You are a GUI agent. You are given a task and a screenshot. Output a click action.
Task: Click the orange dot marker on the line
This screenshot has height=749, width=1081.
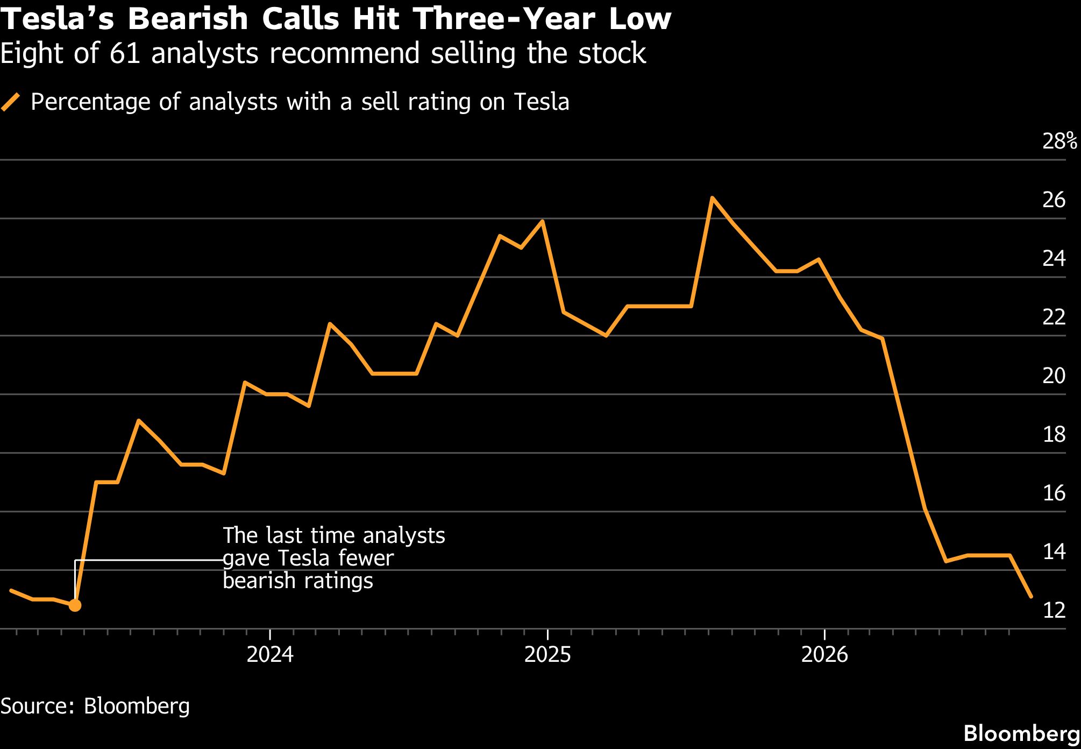[75, 605]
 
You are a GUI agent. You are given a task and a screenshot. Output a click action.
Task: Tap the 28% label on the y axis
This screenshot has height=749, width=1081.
[1060, 141]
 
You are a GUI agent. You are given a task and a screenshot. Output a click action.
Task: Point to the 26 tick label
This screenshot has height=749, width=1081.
[1054, 200]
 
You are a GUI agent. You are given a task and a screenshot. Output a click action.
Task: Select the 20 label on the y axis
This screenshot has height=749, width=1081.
[1054, 376]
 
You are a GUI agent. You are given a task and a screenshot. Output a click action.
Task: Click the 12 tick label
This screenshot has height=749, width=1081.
[1054, 610]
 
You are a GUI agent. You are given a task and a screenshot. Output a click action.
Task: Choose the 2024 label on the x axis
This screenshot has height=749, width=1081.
[270, 654]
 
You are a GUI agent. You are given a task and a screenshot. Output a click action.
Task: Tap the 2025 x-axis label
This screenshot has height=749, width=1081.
[547, 654]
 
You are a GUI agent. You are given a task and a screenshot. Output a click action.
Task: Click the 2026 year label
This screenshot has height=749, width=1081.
[824, 654]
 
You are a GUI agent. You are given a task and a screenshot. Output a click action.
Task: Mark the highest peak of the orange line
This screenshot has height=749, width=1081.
[712, 198]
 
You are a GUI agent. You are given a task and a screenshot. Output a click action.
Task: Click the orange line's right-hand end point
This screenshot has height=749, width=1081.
[1030, 596]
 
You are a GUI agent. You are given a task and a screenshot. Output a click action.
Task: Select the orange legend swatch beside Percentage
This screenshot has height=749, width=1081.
[11, 102]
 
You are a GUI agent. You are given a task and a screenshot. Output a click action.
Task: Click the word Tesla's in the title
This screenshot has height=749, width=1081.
[58, 19]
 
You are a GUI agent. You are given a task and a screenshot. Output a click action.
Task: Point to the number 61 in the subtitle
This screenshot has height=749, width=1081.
[125, 53]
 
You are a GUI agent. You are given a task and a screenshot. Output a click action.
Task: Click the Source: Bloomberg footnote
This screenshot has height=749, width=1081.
[95, 706]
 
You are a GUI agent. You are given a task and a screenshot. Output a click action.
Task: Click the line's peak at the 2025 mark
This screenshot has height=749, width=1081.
[542, 221]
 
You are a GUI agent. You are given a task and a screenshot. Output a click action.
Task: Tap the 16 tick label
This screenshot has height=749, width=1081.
[1054, 493]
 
